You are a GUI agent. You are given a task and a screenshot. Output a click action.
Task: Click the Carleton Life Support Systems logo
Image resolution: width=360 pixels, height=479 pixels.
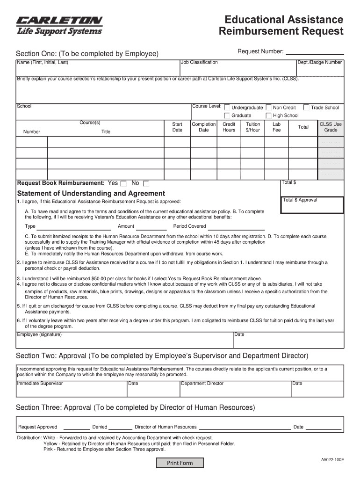[x=59, y=26]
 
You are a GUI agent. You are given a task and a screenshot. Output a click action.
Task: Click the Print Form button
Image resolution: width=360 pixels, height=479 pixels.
[x=180, y=463]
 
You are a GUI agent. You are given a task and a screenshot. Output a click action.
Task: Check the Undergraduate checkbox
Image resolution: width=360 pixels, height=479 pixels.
[x=227, y=107]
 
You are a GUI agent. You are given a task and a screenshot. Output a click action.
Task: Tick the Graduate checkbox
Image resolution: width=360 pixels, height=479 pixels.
[x=227, y=115]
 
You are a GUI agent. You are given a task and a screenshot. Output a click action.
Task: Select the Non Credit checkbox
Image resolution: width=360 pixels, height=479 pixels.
[x=268, y=107]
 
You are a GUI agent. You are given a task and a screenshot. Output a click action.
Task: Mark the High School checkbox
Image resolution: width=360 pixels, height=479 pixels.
[x=268, y=115]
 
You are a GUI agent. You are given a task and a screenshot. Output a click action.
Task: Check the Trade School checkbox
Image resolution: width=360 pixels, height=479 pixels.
[x=306, y=107]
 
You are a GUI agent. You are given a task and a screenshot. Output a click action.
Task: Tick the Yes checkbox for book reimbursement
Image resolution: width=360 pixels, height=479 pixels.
[x=123, y=183]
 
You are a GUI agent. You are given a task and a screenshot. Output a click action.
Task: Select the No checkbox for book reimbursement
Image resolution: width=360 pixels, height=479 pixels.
[x=146, y=183]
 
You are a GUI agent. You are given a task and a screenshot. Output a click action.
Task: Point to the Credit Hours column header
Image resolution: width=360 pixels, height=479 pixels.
[x=229, y=127]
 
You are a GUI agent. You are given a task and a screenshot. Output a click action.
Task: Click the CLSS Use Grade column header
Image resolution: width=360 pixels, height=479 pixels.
[x=331, y=127]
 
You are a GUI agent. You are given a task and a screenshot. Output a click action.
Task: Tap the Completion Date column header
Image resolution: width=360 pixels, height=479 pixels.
[x=204, y=127]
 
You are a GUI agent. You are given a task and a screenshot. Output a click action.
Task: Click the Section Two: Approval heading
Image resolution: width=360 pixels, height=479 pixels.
[x=162, y=356]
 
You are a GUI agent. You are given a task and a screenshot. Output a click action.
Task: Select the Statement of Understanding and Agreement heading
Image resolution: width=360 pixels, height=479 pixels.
[x=91, y=193]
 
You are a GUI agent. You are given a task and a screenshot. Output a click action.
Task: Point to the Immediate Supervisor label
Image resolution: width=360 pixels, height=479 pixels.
[x=40, y=384]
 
